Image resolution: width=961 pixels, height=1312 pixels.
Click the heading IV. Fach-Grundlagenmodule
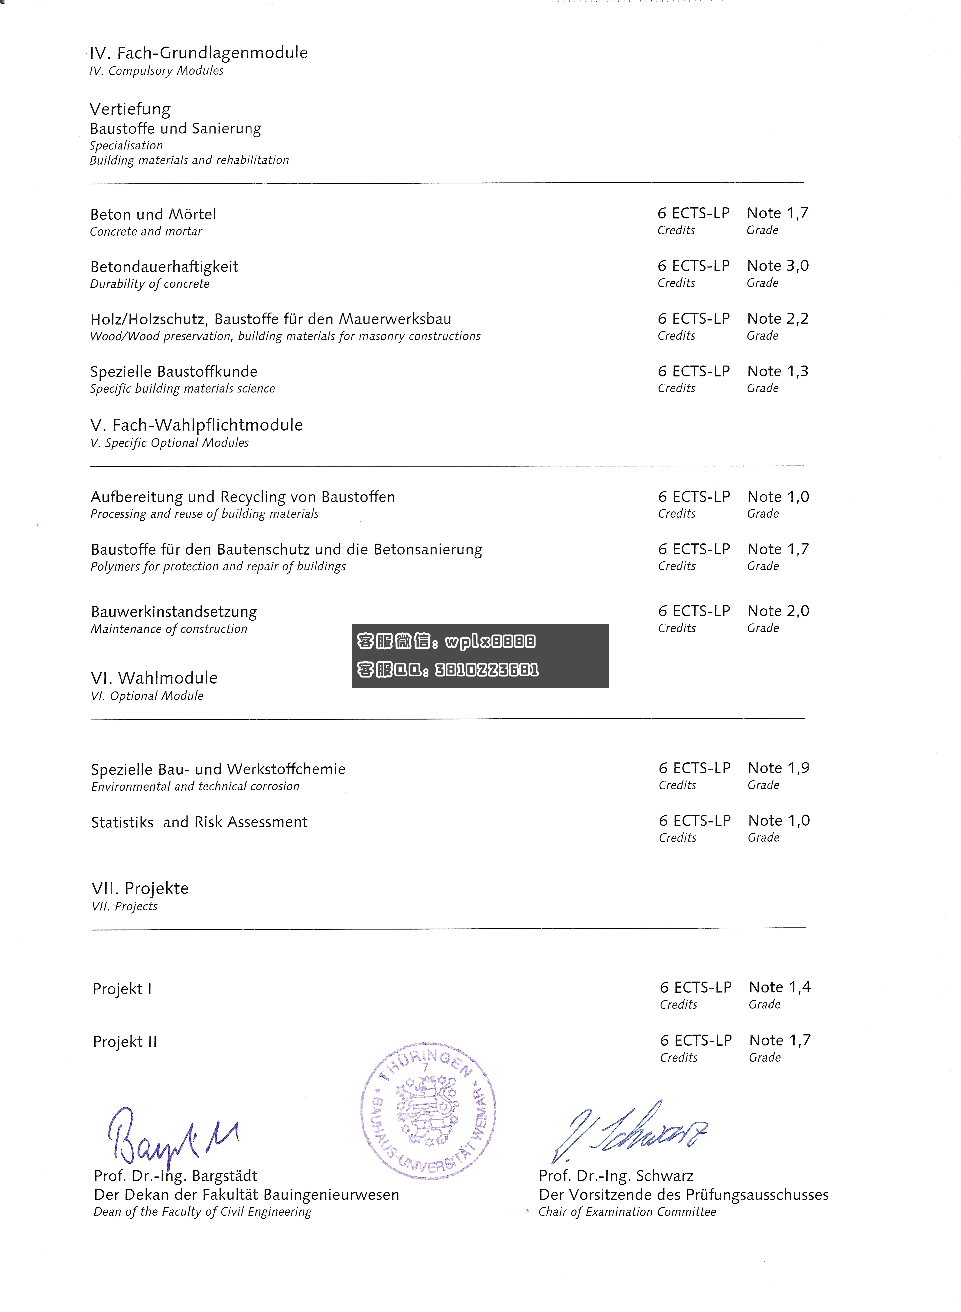pyautogui.click(x=198, y=53)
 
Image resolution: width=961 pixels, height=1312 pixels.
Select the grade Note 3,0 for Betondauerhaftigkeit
pyautogui.click(x=778, y=266)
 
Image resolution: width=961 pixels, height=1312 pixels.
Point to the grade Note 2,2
pyautogui.click(x=778, y=319)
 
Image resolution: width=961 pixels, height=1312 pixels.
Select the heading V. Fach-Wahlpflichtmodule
pyautogui.click(x=197, y=425)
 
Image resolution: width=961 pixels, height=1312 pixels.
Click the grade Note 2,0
pyautogui.click(x=778, y=611)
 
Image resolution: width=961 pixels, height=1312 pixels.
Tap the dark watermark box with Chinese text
pyautogui.click(x=480, y=656)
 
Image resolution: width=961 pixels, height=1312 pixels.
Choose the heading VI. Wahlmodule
pyautogui.click(x=154, y=678)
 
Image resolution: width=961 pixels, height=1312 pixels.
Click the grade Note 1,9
pyautogui.click(x=779, y=768)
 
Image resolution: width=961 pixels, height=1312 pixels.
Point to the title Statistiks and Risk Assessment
pyautogui.click(x=199, y=822)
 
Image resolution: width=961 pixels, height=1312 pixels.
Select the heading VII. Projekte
pyautogui.click(x=140, y=888)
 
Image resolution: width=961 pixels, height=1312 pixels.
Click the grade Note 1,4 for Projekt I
pyautogui.click(x=780, y=987)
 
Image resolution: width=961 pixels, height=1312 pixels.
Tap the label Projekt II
pyautogui.click(x=125, y=1041)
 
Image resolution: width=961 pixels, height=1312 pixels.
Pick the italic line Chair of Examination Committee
pyautogui.click(x=627, y=1212)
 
